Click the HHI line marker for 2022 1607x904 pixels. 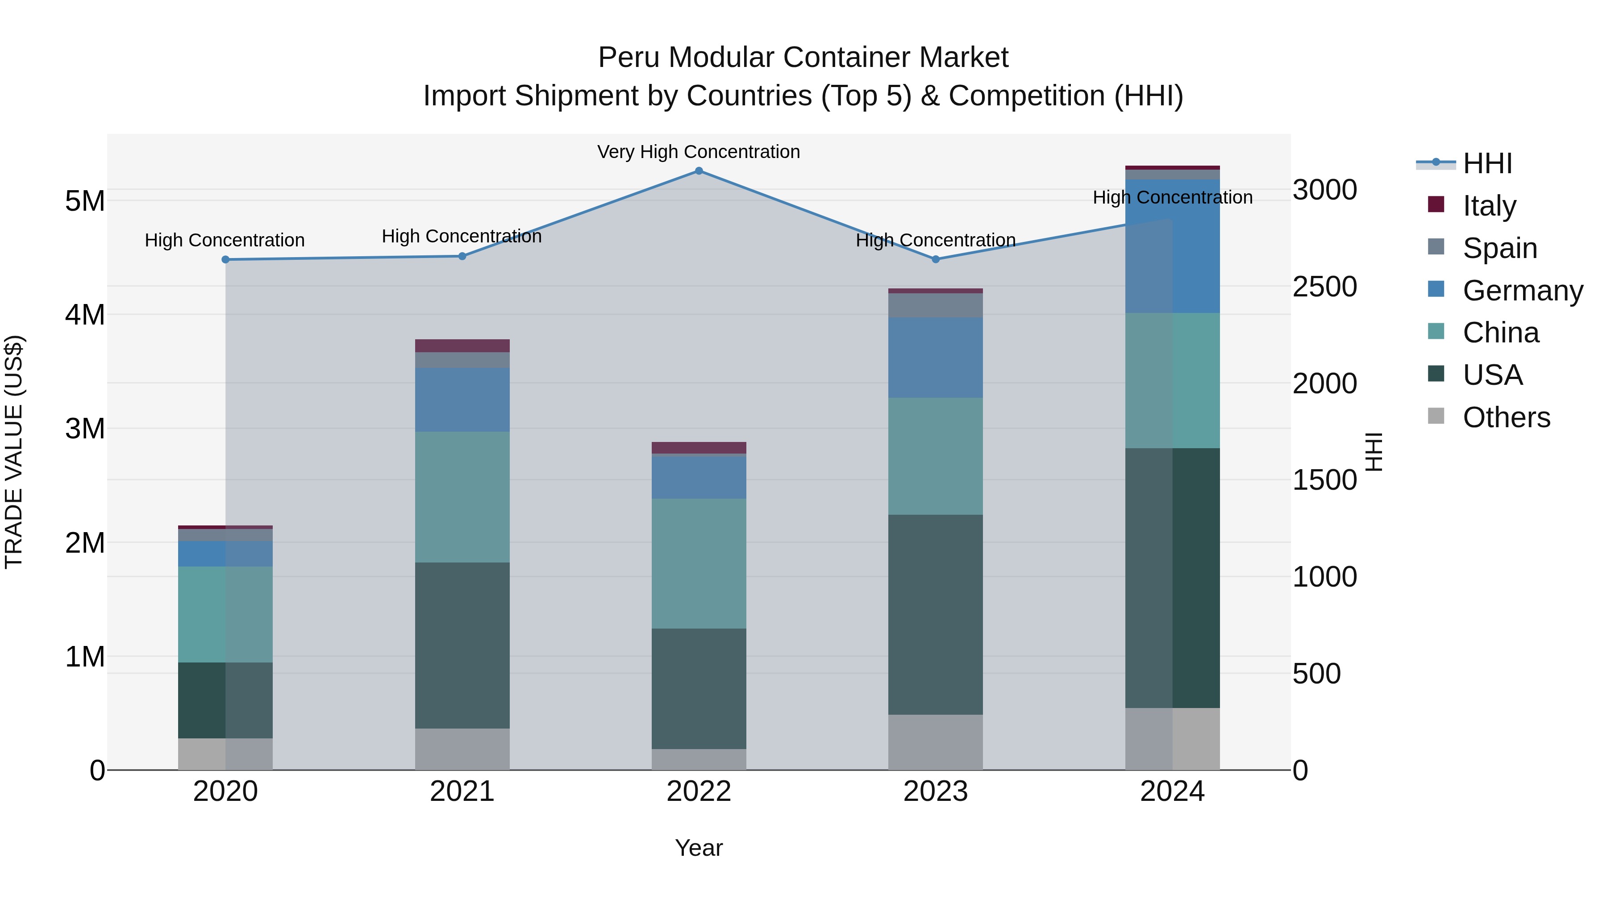click(x=699, y=171)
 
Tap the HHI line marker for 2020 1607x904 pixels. click(x=226, y=259)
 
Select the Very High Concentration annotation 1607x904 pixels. click(x=699, y=152)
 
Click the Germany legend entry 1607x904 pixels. click(x=1522, y=291)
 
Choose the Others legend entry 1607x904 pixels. click(x=1506, y=417)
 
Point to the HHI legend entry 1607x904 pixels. click(x=1487, y=163)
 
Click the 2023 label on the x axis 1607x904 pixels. click(x=935, y=792)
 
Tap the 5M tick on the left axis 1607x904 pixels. click(x=85, y=201)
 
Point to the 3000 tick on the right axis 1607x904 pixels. click(x=1324, y=190)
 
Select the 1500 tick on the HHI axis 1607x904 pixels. click(x=1324, y=480)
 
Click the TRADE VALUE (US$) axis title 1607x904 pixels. click(x=14, y=452)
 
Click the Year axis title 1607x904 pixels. click(x=699, y=848)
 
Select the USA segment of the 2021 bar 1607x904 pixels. click(x=462, y=645)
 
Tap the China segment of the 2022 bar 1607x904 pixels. click(x=699, y=563)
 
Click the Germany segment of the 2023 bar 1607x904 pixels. click(x=935, y=358)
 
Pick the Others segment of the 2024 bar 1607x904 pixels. click(x=1172, y=739)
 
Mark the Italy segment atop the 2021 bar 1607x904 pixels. click(x=462, y=346)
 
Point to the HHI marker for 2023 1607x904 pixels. click(x=935, y=259)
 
